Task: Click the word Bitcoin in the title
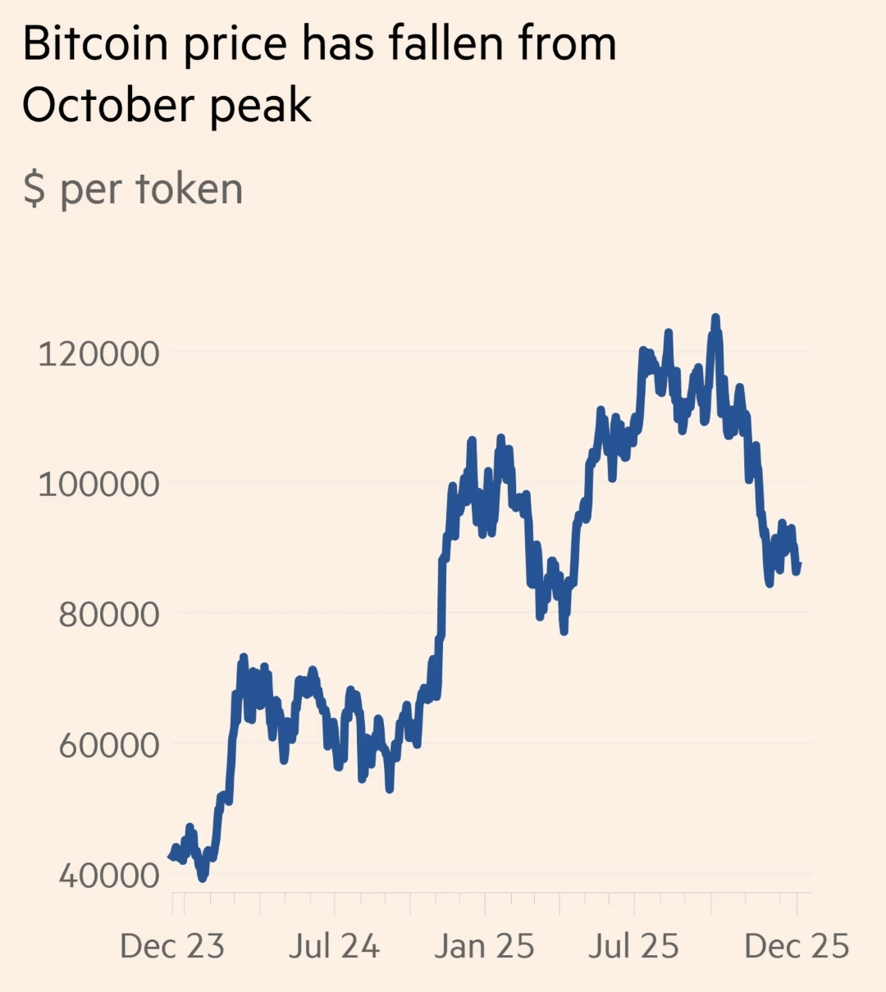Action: click(95, 44)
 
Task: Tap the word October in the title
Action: click(109, 106)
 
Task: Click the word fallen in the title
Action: click(447, 44)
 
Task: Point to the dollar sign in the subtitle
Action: click(34, 189)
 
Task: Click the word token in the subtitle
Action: click(189, 189)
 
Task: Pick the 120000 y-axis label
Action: click(98, 353)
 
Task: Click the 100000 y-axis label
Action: click(98, 484)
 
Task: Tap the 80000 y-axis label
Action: click(108, 613)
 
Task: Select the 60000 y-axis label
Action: click(108, 744)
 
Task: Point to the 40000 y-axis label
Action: click(108, 875)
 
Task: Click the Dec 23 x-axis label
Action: click(172, 946)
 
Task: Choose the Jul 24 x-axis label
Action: click(334, 946)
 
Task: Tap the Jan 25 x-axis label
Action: click(484, 946)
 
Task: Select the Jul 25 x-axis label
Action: click(633, 946)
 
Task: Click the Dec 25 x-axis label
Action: click(797, 946)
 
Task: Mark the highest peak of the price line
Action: click(715, 317)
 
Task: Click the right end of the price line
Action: click(798, 564)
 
